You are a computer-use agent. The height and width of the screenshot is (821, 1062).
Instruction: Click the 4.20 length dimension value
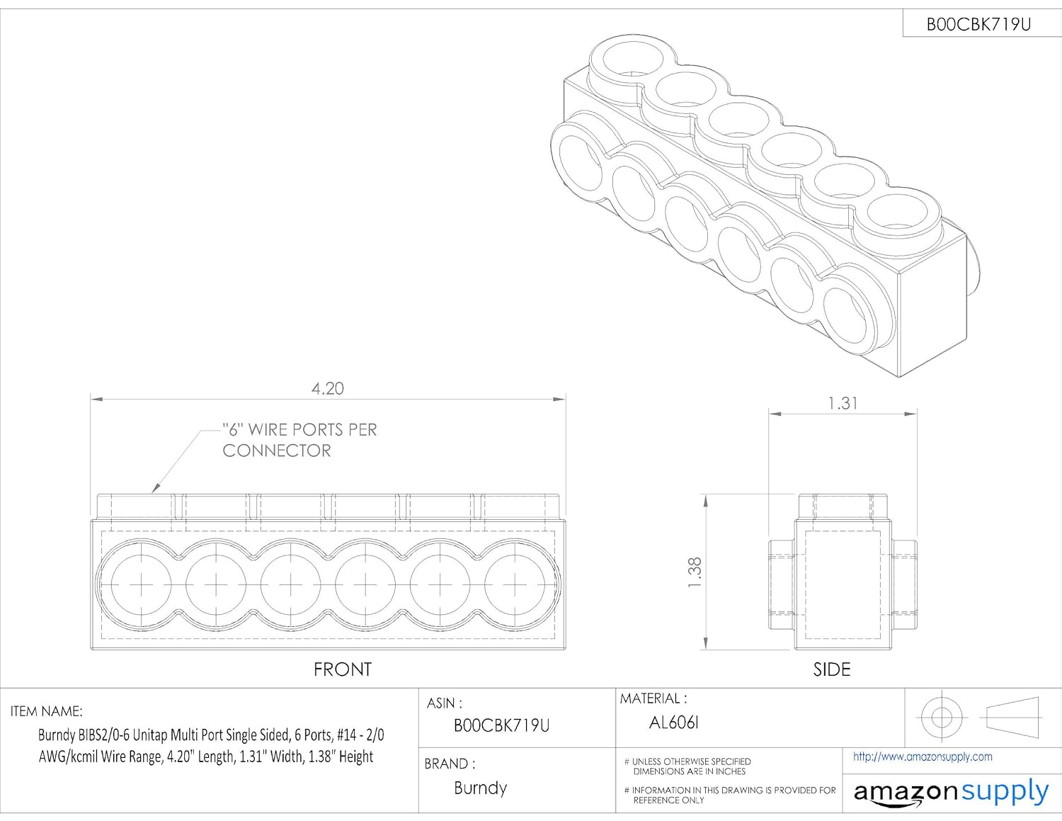(327, 389)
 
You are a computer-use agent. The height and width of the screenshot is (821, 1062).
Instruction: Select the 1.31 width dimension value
(843, 404)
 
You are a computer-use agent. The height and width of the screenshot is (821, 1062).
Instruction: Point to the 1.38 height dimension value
(695, 572)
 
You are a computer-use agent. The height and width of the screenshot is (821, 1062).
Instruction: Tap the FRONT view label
(343, 669)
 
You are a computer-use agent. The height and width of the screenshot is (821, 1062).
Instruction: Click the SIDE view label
(831, 669)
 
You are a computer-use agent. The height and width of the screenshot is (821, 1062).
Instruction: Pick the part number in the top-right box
(978, 25)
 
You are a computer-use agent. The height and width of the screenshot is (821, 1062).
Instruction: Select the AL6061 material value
(673, 723)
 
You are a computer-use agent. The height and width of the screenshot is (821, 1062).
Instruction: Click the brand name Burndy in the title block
(480, 788)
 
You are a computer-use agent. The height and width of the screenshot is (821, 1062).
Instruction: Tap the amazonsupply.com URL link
(922, 757)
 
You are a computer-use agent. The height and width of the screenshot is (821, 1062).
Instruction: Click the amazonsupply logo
(950, 792)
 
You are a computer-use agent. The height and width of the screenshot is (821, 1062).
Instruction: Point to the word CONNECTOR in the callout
(277, 451)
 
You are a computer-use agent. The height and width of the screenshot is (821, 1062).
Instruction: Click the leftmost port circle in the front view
(141, 584)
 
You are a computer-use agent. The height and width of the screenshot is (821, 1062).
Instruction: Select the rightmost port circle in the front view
(514, 584)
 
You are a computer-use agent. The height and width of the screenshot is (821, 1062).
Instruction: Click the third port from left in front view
(290, 584)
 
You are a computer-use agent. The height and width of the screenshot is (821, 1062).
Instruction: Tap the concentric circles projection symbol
(941, 717)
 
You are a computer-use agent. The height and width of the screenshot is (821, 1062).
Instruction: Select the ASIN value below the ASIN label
(501, 725)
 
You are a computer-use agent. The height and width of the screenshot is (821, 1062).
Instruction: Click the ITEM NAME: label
(47, 711)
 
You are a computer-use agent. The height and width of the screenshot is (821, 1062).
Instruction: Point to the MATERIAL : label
(653, 699)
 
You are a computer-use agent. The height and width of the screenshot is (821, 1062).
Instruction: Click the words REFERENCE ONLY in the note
(668, 800)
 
